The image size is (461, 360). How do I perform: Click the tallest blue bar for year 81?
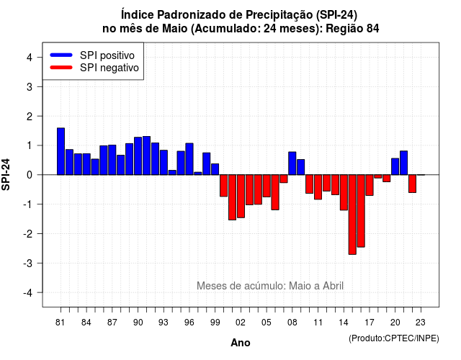point(61,151)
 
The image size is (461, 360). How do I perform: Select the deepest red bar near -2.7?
point(352,215)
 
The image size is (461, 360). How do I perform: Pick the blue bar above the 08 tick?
point(292,163)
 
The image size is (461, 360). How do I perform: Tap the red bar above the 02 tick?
point(241,197)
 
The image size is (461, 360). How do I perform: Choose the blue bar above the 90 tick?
point(138,156)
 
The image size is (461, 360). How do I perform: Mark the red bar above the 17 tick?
point(370,185)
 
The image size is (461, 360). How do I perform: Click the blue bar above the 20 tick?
point(395,166)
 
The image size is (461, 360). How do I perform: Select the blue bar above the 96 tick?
point(189,159)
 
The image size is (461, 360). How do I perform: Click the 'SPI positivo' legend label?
point(107,55)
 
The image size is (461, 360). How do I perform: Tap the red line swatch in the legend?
point(61,68)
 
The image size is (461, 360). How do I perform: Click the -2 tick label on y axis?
point(28,234)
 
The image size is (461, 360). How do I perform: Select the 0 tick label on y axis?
point(30,175)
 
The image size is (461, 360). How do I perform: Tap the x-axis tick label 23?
point(421,323)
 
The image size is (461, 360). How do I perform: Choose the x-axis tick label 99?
point(215,323)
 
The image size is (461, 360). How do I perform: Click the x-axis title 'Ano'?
point(241,343)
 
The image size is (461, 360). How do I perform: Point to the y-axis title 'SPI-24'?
point(6,174)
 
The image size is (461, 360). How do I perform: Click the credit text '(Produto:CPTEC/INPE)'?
point(394,338)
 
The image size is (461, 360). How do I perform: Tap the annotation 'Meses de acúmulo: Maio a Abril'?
point(270,286)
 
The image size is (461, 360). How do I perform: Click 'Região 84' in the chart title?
point(352,29)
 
